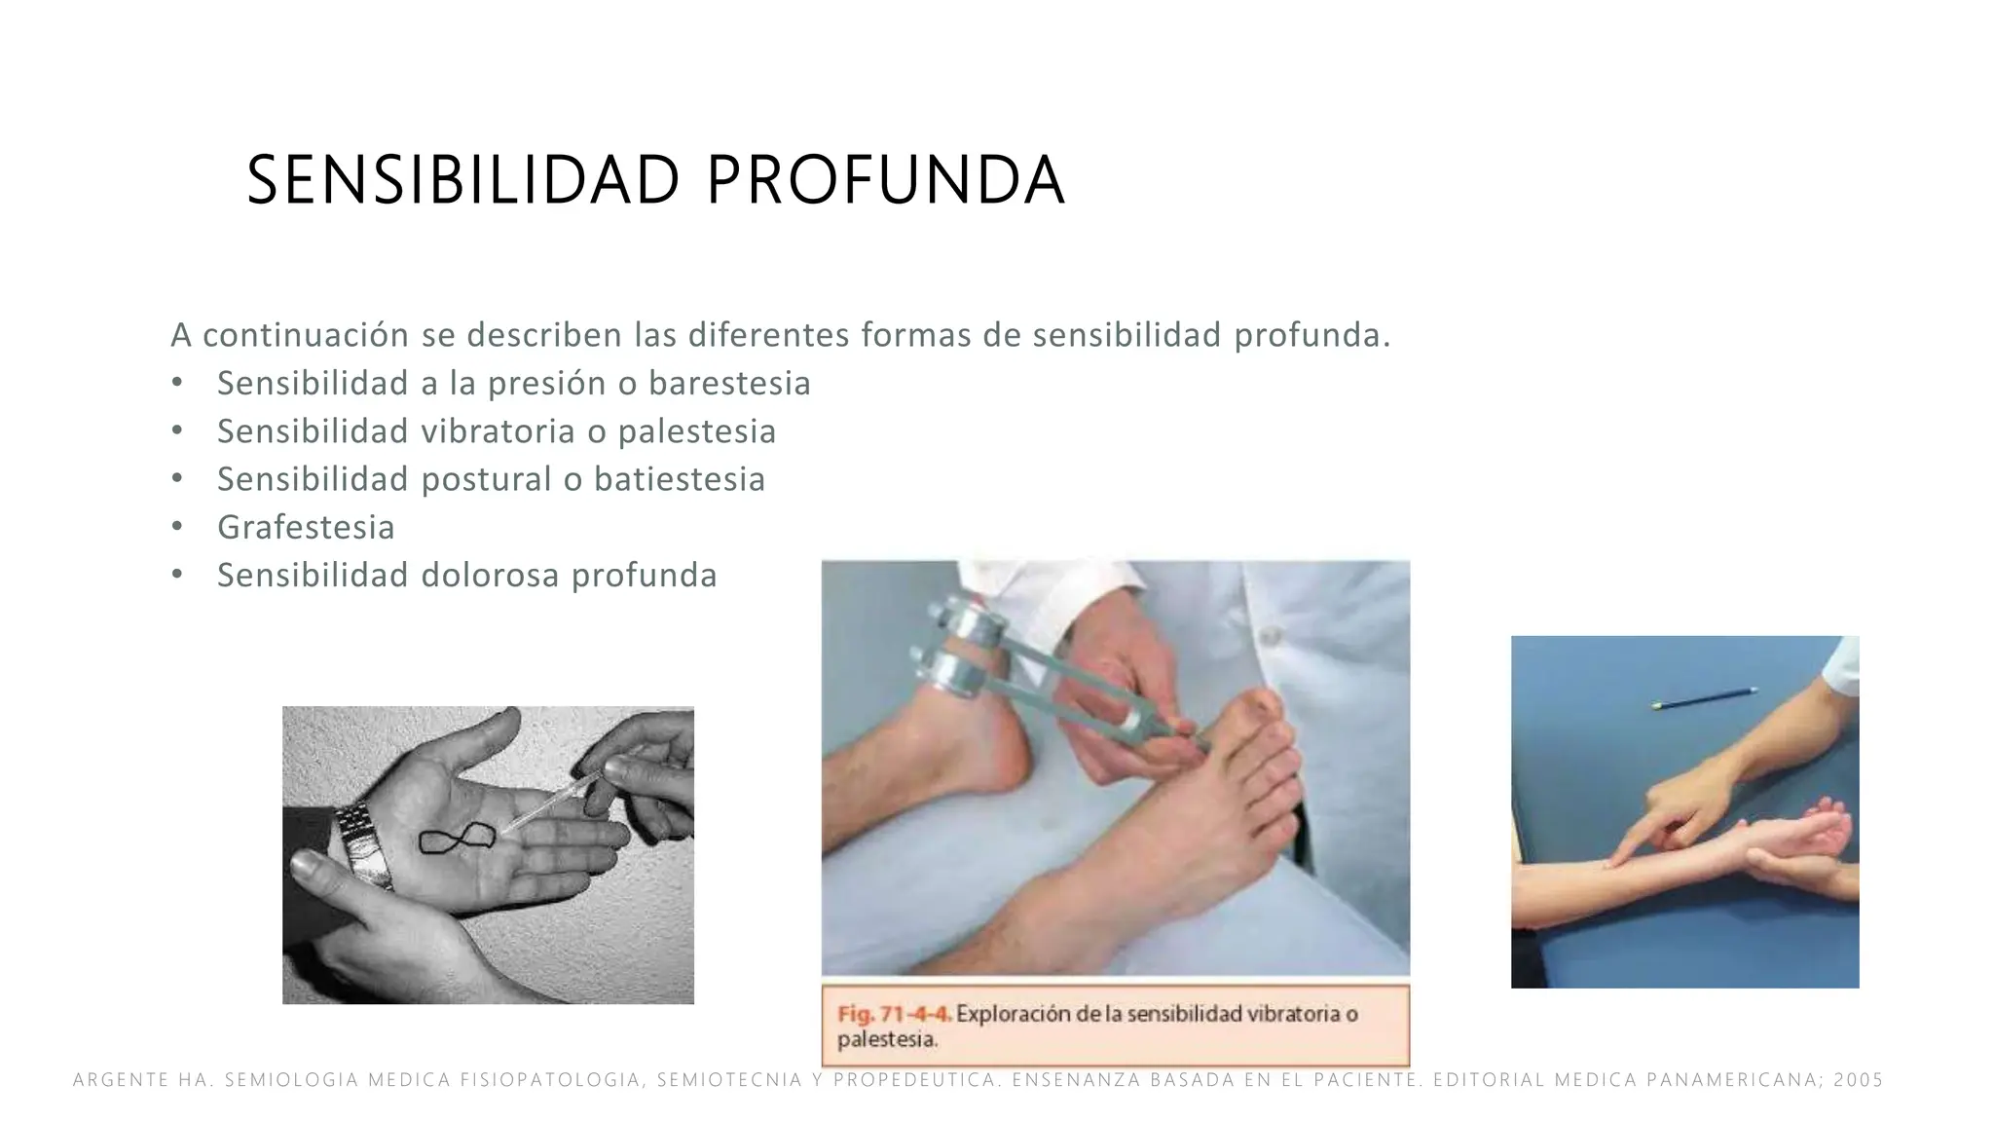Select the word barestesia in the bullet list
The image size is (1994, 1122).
click(x=729, y=384)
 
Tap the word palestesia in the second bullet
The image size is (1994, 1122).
click(x=697, y=431)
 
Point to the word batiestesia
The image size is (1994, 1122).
click(x=680, y=479)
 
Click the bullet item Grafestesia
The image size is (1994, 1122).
click(x=306, y=527)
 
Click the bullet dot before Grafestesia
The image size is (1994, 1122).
click(x=176, y=527)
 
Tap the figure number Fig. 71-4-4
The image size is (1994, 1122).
click(x=894, y=1014)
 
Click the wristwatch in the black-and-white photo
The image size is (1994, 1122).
click(x=364, y=844)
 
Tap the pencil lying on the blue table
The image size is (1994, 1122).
click(x=1704, y=697)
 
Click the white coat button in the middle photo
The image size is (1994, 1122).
click(x=1270, y=636)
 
